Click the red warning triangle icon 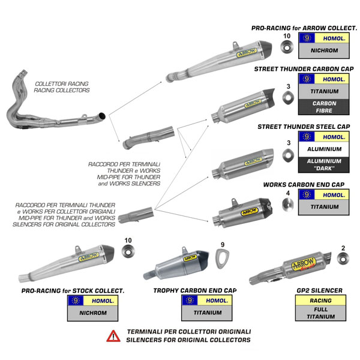click(x=113, y=336)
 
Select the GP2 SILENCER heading click(x=320, y=291)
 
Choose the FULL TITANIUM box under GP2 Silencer click(x=320, y=313)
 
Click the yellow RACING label click(x=320, y=301)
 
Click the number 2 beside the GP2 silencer click(x=343, y=248)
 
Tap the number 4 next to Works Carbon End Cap click(x=288, y=193)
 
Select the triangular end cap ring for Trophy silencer click(x=221, y=260)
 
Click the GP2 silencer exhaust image click(x=294, y=269)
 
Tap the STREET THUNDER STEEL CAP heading click(x=304, y=127)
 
